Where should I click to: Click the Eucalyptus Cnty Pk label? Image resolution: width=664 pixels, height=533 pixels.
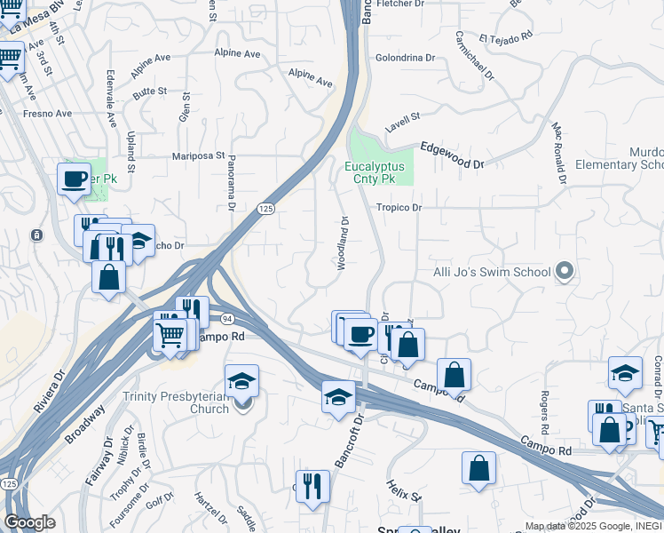pos(375,172)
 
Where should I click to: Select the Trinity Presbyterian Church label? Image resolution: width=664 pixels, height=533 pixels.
pos(176,402)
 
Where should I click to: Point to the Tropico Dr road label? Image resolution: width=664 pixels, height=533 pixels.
pos(398,208)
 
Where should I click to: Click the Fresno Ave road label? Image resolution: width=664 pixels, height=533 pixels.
pos(47,114)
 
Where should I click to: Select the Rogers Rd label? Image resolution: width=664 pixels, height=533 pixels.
pos(543,402)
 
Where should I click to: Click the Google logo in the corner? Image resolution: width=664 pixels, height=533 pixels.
pos(29,522)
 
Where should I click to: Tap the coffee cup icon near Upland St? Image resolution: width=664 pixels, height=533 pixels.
pos(75,179)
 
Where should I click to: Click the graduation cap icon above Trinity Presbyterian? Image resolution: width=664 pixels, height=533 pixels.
pos(242,380)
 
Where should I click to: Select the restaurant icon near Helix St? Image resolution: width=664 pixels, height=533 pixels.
pos(312,486)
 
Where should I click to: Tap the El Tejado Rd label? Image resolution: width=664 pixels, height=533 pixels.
pos(505,37)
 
